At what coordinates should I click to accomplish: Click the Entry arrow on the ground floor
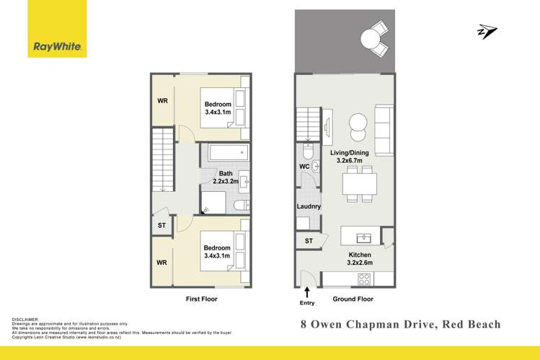click(x=308, y=292)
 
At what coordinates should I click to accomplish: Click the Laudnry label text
click(x=308, y=207)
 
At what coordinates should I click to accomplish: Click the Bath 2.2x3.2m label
click(x=226, y=177)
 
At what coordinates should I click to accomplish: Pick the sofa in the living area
click(x=384, y=128)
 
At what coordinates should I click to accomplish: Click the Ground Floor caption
click(x=353, y=299)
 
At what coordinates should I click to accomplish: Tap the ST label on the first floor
click(x=161, y=226)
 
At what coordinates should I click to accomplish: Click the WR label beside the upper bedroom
click(x=163, y=100)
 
